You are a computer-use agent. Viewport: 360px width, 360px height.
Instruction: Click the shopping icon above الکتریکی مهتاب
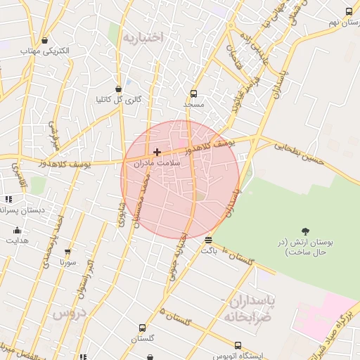(x=45, y=41)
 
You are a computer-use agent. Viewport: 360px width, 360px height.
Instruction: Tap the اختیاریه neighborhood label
(x=143, y=37)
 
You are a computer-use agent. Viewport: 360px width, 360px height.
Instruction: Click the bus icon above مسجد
(x=194, y=94)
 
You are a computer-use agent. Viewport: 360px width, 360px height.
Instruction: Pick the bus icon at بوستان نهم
(x=349, y=11)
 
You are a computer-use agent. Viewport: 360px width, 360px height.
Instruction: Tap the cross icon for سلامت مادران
(x=157, y=152)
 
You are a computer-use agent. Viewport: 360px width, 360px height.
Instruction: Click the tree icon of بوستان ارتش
(x=305, y=231)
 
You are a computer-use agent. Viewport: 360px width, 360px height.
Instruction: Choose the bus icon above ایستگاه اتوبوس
(x=238, y=346)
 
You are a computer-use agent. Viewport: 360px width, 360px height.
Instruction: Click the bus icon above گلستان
(x=143, y=328)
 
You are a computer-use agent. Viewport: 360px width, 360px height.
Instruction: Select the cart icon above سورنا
(x=67, y=252)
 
